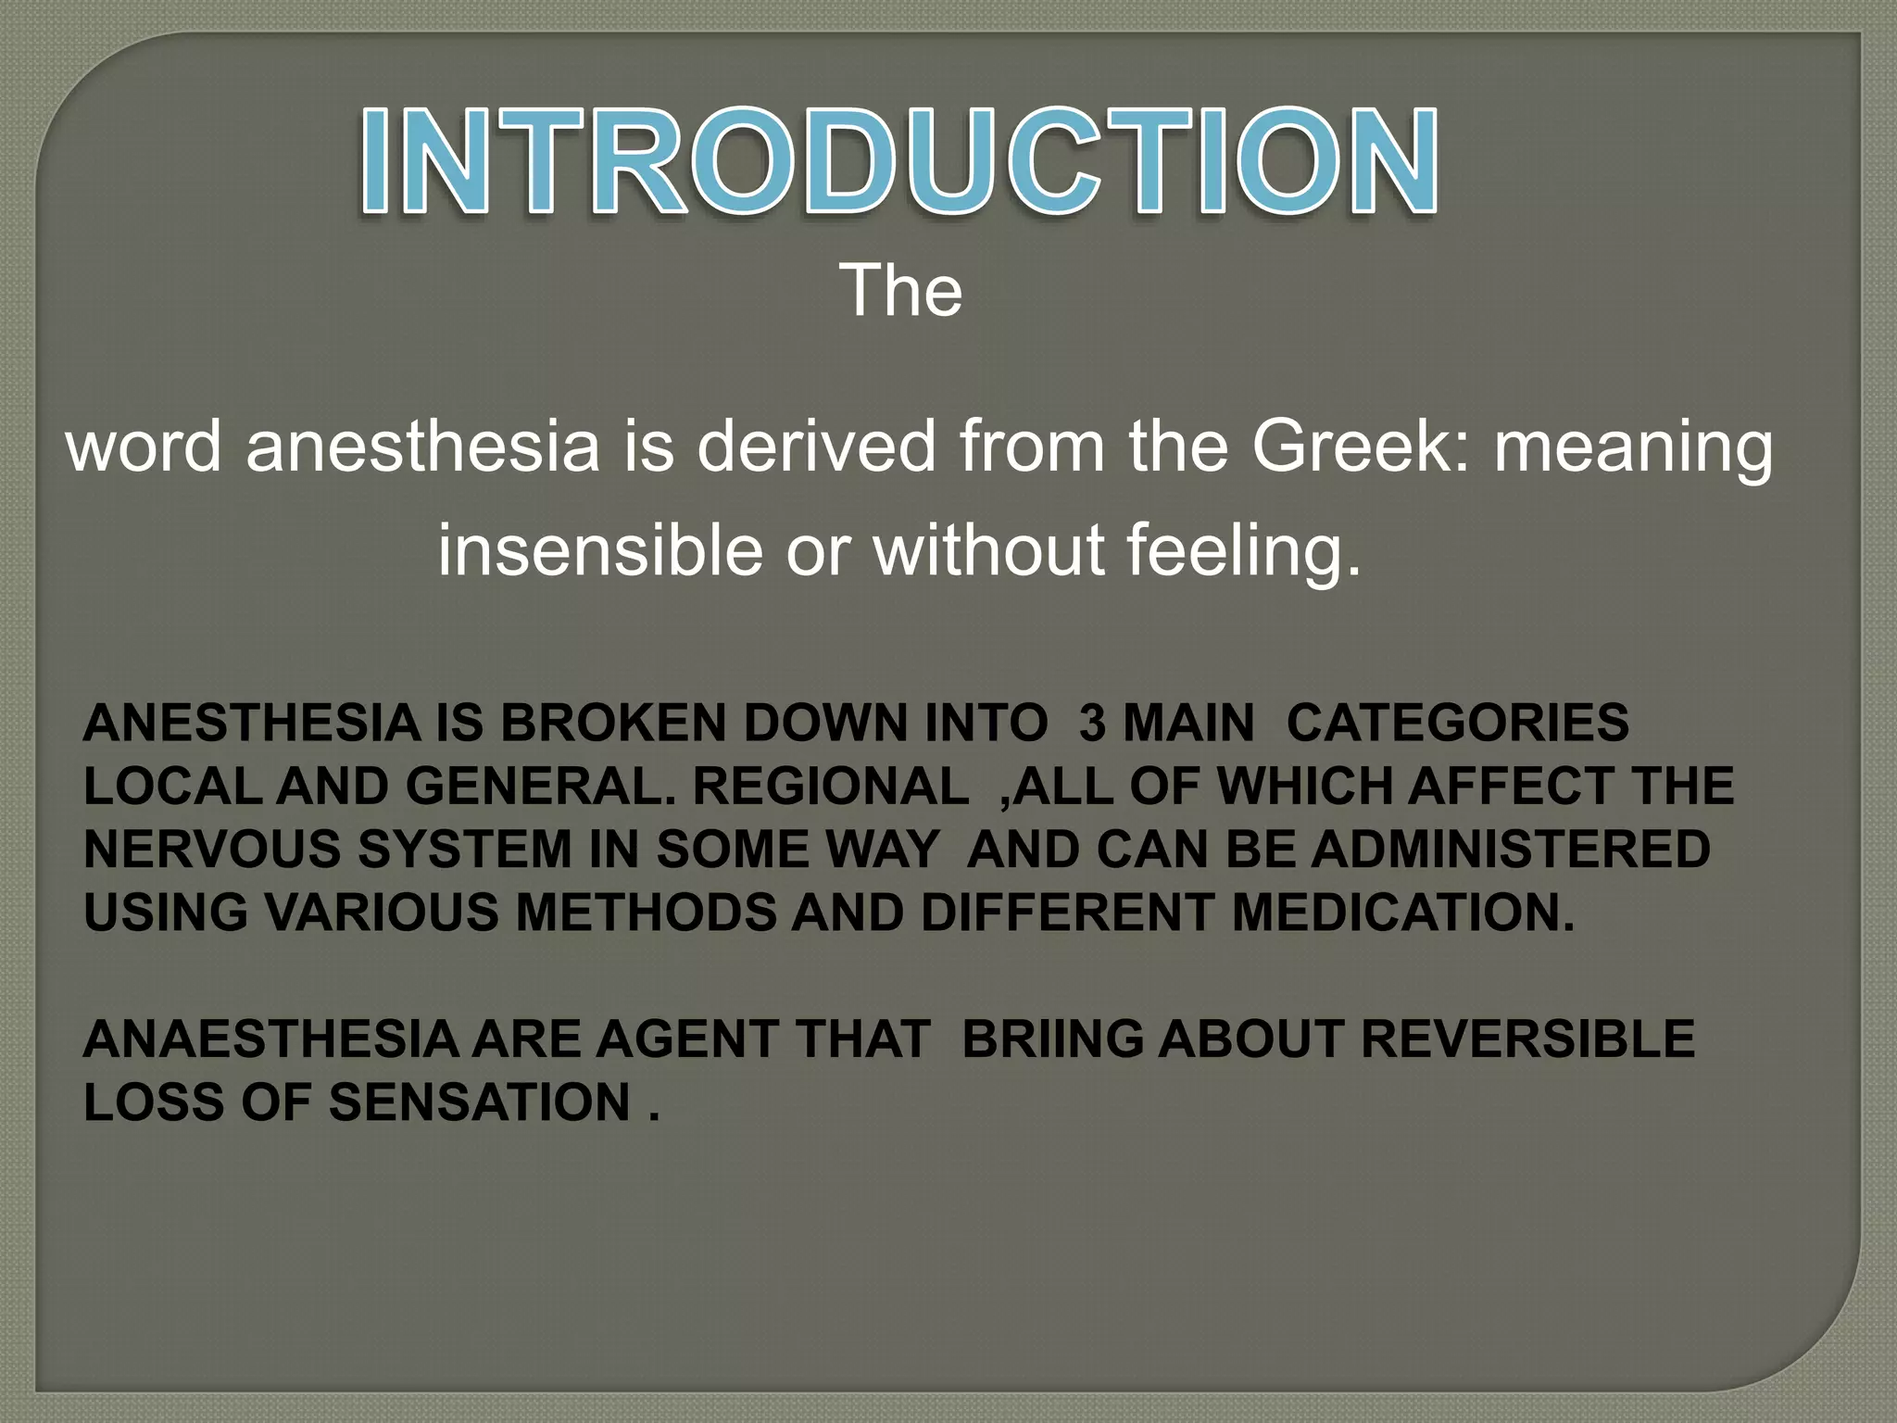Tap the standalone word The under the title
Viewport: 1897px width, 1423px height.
(x=900, y=292)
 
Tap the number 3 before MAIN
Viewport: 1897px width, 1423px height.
(x=1092, y=723)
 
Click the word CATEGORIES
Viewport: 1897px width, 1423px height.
(x=1457, y=723)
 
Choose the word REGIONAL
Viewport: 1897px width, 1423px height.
(x=830, y=787)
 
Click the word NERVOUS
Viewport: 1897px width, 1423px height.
(x=212, y=850)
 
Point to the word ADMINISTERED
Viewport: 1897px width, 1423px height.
(x=1511, y=850)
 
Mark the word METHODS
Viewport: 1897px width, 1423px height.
(x=646, y=913)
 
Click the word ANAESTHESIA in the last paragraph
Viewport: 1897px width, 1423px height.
(x=270, y=1039)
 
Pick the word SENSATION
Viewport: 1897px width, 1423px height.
(x=480, y=1102)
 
